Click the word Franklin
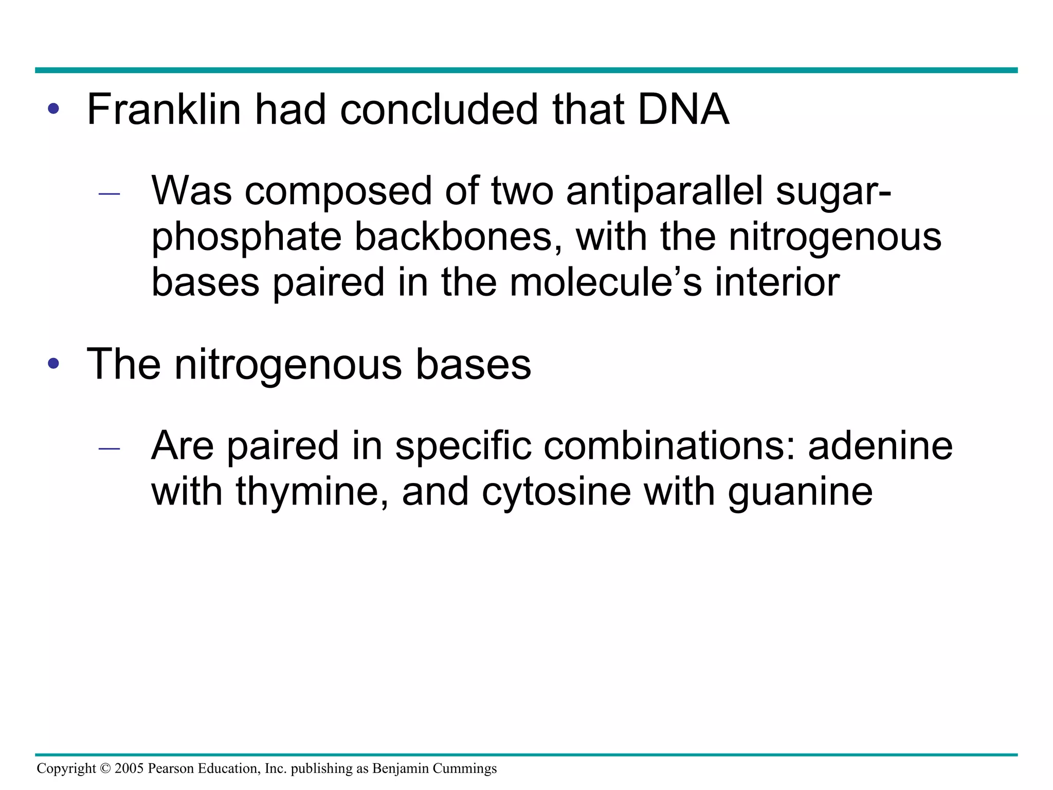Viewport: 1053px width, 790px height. point(164,110)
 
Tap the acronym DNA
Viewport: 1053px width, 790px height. point(683,110)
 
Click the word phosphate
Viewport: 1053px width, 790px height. point(246,238)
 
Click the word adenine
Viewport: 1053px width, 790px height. point(880,445)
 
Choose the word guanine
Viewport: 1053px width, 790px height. point(800,492)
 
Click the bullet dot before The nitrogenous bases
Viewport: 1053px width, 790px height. point(53,364)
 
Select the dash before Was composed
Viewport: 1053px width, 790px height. point(109,194)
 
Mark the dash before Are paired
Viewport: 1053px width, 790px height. point(109,448)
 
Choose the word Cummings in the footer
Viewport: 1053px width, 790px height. point(464,768)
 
